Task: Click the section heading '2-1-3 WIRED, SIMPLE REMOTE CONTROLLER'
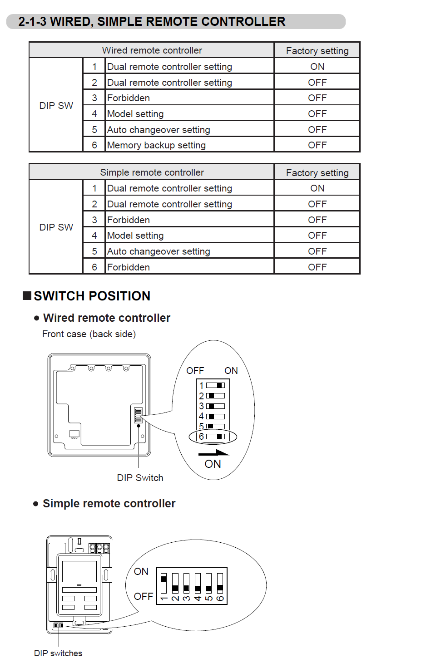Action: click(152, 22)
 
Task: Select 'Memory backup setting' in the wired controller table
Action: click(156, 145)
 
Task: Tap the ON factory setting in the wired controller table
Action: click(317, 67)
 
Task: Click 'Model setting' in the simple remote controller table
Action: click(135, 236)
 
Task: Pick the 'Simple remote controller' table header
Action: click(152, 172)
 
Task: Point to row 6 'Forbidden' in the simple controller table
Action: click(128, 267)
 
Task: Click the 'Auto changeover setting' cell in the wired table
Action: click(159, 130)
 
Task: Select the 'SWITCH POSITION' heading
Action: click(92, 296)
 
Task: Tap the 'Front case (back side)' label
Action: click(89, 334)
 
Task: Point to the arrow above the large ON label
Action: click(213, 453)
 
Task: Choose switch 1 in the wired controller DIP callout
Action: click(215, 385)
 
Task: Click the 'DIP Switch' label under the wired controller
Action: click(140, 478)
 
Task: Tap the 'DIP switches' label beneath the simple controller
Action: click(58, 653)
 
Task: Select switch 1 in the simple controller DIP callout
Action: click(164, 583)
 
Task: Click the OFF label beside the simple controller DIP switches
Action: click(144, 596)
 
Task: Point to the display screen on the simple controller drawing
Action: click(79, 571)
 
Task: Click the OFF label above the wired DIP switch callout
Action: click(195, 371)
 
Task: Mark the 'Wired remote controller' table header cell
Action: click(152, 50)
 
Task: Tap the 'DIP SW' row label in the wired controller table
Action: click(56, 106)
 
